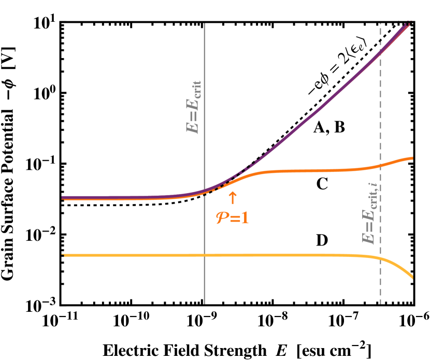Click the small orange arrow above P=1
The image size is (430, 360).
pyautogui.click(x=233, y=197)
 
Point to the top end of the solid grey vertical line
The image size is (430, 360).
pyautogui.click(x=205, y=24)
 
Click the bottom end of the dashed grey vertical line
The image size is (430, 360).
pyautogui.click(x=381, y=304)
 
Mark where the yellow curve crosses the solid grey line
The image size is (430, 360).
pyautogui.click(x=205, y=255)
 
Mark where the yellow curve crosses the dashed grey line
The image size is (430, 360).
pyautogui.click(x=381, y=258)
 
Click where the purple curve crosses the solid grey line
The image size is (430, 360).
pyautogui.click(x=205, y=191)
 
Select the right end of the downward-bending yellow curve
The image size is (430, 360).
pyautogui.click(x=412, y=278)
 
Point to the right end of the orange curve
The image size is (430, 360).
pyautogui.click(x=412, y=157)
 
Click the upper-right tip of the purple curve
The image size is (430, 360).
pyautogui.click(x=409, y=24)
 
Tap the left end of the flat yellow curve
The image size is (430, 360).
pyautogui.click(x=63, y=255)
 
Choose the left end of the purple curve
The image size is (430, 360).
pyautogui.click(x=63, y=197)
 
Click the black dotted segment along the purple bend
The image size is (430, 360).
pyautogui.click(x=254, y=161)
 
